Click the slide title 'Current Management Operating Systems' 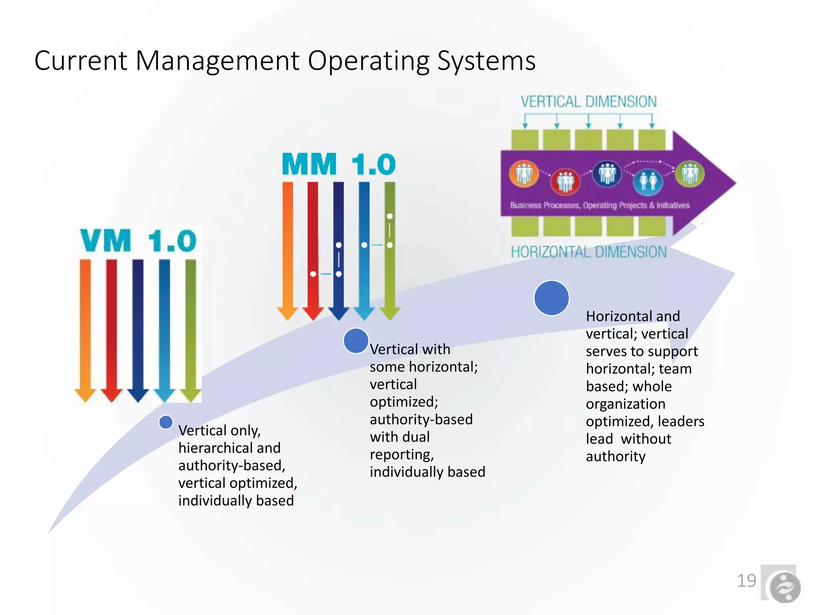tap(285, 61)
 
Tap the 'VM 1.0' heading tap(138, 241)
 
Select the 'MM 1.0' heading tap(339, 164)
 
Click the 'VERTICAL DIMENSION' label tap(588, 102)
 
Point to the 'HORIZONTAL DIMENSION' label tap(588, 252)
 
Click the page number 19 tap(746, 581)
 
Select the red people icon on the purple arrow tap(565, 181)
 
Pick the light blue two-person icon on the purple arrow tap(648, 181)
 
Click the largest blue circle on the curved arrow tap(551, 298)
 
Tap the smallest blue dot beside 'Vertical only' tap(166, 422)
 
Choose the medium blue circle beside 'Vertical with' tap(356, 341)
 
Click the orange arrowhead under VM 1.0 tap(85, 395)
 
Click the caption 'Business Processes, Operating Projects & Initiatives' tap(599, 205)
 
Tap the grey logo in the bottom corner tap(784, 587)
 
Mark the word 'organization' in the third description tap(625, 404)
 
